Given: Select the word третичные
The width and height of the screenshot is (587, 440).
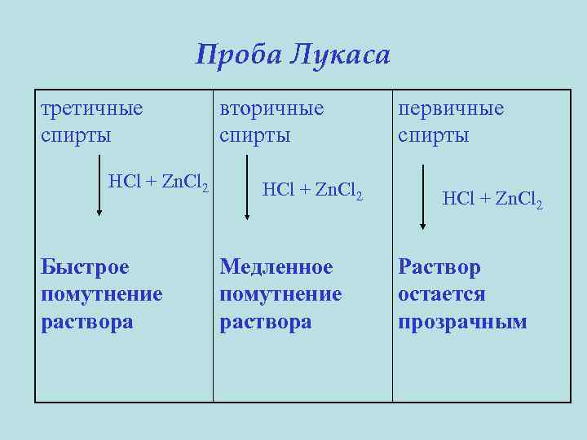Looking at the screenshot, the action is (91, 108).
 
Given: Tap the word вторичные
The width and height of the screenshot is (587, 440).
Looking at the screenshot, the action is (271, 108).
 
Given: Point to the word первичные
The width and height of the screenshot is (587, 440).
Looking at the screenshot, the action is (451, 108).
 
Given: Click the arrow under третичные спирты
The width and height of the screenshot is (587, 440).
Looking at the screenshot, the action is (99, 190).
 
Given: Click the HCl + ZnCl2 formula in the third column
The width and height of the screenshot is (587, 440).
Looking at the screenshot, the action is (492, 199).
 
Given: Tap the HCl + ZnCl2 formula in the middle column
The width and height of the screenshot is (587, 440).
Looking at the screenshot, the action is (312, 191).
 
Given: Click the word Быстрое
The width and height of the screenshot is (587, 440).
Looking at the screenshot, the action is (85, 266).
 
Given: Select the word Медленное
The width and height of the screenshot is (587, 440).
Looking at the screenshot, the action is (276, 266).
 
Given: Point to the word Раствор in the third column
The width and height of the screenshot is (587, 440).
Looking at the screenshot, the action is (439, 266).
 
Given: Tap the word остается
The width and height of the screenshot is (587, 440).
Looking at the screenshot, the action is (441, 294).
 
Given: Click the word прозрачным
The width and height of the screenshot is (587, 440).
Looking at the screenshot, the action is (462, 322).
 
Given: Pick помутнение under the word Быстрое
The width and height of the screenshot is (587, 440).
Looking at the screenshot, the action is (101, 294).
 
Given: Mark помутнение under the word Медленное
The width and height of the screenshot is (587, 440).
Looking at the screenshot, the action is (280, 294).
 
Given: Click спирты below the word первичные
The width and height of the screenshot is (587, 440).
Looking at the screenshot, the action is (433, 135).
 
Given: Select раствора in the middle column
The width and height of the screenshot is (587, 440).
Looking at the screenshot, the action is (265, 322).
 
